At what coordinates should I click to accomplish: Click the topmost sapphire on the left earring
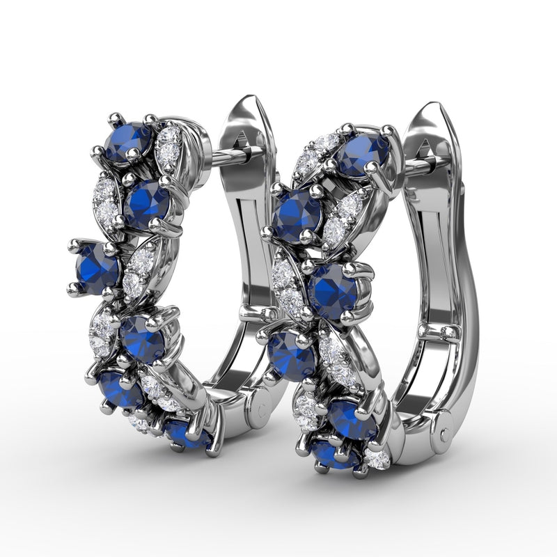click(x=128, y=142)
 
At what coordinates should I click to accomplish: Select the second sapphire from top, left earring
click(x=148, y=203)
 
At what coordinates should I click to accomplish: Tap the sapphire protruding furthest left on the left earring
click(x=97, y=269)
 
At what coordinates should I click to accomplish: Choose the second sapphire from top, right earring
click(x=297, y=216)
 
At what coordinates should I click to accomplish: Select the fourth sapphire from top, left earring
click(x=143, y=338)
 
